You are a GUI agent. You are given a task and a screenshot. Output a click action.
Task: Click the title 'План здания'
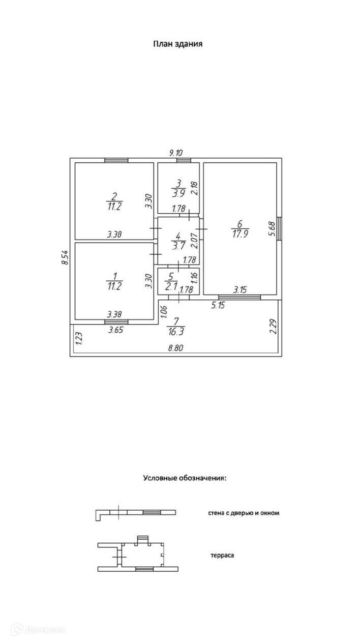pos(178,44)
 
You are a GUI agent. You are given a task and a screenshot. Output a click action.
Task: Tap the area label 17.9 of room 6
pos(240,234)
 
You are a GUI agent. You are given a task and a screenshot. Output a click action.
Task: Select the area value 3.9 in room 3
pos(178,193)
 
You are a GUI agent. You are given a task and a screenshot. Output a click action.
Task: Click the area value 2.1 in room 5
pos(171,286)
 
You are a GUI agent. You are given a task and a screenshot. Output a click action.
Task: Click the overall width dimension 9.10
pos(176,152)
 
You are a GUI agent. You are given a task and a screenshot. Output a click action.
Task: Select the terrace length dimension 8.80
pos(176,348)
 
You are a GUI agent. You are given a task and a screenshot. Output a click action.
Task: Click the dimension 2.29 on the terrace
pos(273,326)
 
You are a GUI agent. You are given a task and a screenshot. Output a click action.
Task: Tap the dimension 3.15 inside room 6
pos(240,290)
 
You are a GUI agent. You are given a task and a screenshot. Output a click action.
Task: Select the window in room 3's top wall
pos(184,161)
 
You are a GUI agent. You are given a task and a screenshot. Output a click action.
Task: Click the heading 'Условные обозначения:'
pos(185,478)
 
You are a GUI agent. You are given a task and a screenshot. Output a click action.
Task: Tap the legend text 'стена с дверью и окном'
pos(244,513)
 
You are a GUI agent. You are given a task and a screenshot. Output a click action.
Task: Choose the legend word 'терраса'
pos(222,556)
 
